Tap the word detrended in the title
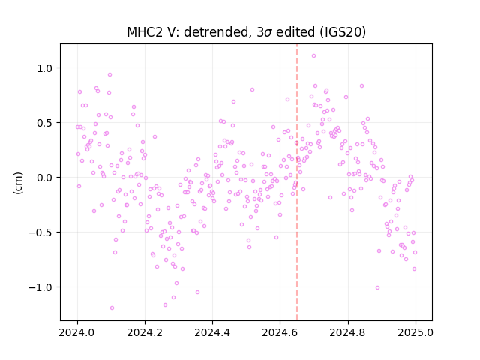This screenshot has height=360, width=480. click(x=215, y=32)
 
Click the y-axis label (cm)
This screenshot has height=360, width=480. click(x=18, y=183)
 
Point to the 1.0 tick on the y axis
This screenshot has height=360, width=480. click(x=45, y=68)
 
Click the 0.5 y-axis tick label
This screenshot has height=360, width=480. click(x=45, y=123)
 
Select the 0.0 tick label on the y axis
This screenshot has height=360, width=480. click(x=45, y=178)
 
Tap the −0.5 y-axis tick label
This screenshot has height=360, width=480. click(x=40, y=232)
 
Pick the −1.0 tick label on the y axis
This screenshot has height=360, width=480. click(x=40, y=287)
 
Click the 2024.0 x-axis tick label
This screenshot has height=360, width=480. click(x=77, y=332)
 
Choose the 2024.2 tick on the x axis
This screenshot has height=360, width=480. click(x=145, y=332)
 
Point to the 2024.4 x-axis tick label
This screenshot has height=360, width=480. click(x=212, y=332)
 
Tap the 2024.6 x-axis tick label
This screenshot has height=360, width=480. click(x=280, y=332)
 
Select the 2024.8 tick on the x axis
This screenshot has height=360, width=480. click(x=347, y=332)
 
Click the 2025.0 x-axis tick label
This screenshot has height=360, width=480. click(x=415, y=332)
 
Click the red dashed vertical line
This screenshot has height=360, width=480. click(x=297, y=182)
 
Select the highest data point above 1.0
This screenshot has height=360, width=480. click(x=313, y=56)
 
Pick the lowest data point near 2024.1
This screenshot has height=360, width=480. click(x=112, y=308)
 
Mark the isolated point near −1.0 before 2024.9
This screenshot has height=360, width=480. click(x=377, y=288)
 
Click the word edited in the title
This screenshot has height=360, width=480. click(x=295, y=32)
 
